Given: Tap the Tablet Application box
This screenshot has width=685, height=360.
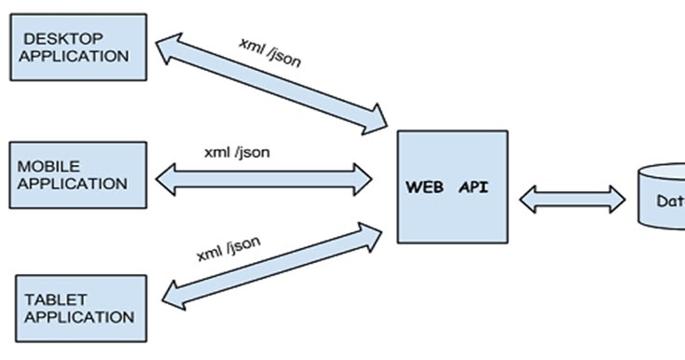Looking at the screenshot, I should click(81, 308).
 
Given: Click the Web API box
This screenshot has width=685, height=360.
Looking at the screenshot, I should click(453, 187).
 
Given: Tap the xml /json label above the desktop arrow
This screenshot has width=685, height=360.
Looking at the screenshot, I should click(270, 53).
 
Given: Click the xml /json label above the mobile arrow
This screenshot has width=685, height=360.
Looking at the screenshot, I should click(238, 152).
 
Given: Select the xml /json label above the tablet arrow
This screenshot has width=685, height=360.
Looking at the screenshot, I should click(228, 249).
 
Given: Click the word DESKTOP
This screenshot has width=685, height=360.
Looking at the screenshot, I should click(62, 38).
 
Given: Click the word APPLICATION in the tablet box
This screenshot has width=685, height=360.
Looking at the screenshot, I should click(79, 317).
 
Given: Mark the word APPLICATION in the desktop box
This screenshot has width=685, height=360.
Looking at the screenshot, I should click(75, 56).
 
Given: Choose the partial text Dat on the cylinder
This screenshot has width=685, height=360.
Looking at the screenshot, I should click(669, 201).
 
